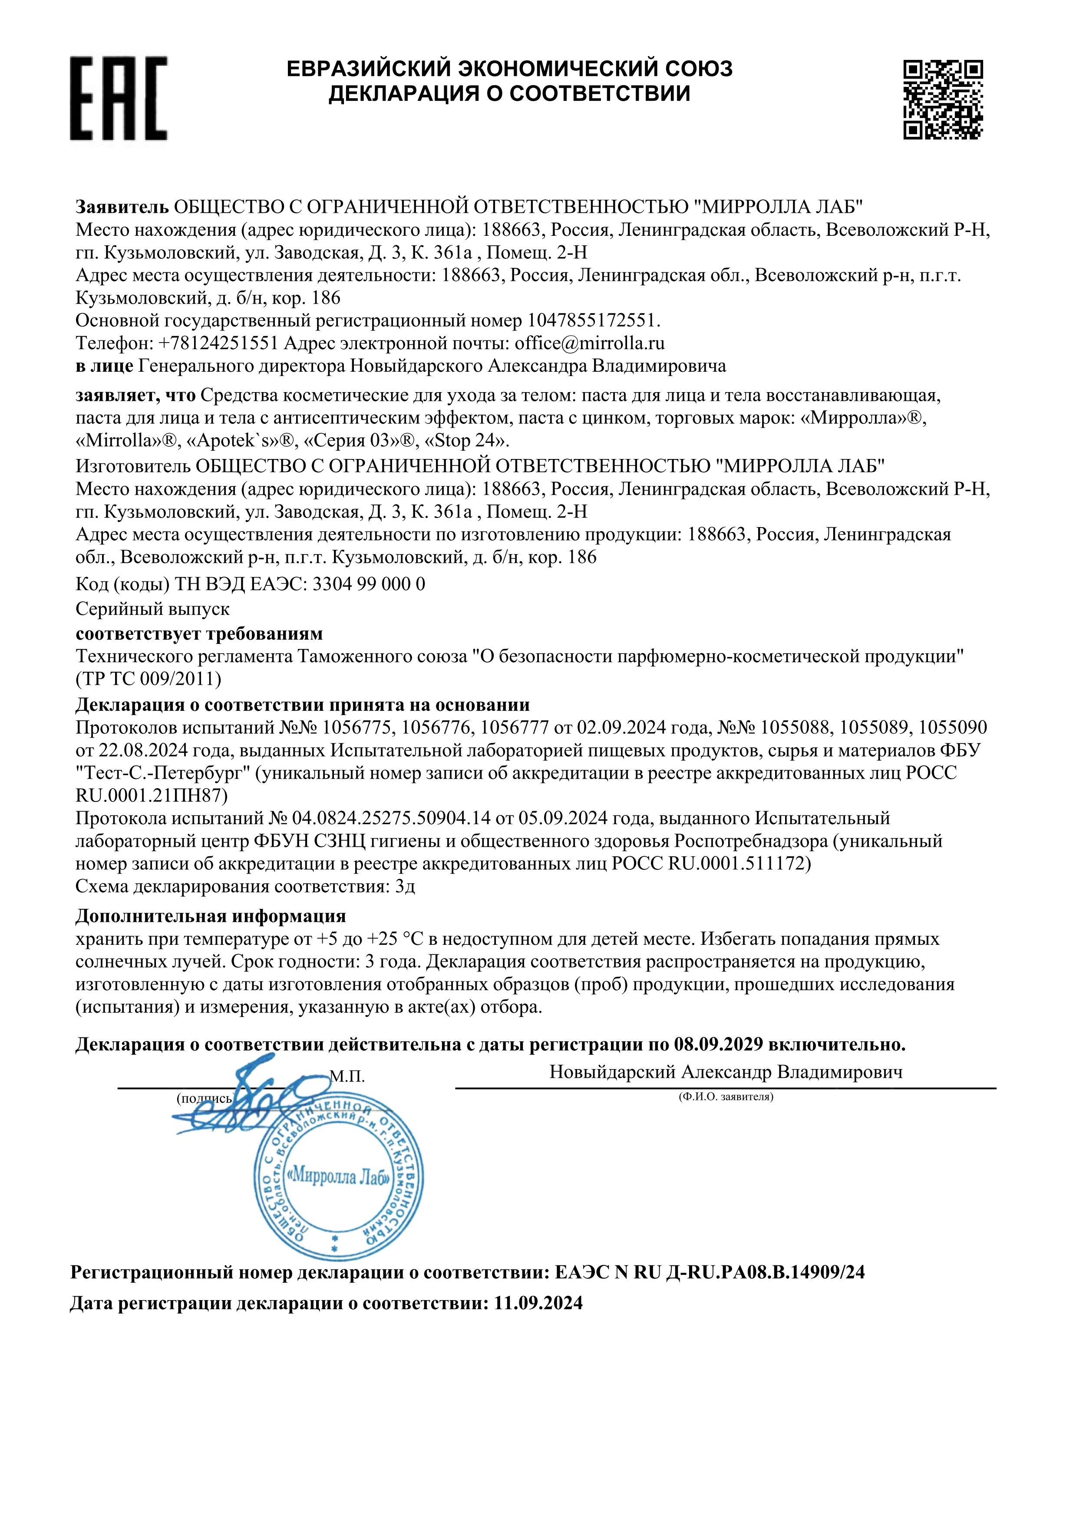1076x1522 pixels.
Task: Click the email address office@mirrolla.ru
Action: click(589, 343)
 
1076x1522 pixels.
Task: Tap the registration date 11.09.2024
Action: click(538, 1322)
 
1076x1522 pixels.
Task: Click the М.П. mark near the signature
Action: click(347, 1076)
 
